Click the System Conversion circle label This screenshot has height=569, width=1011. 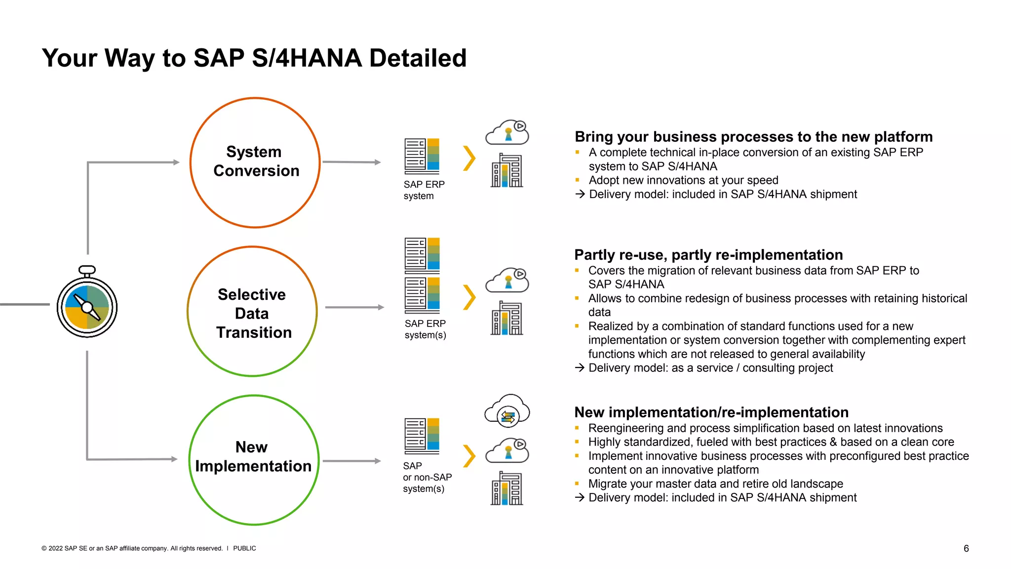click(255, 161)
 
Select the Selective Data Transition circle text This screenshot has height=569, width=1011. click(253, 313)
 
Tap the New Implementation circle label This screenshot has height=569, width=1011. click(253, 456)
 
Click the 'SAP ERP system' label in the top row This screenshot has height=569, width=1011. click(424, 190)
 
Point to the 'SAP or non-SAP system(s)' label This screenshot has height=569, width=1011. click(427, 477)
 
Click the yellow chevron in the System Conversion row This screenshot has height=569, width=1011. click(469, 158)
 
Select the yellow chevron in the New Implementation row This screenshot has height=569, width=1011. click(469, 456)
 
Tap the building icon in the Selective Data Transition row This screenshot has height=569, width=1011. click(507, 318)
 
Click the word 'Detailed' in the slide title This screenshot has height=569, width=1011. click(417, 58)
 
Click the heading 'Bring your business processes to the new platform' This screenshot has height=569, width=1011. click(753, 137)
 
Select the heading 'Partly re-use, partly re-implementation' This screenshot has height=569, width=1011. click(708, 255)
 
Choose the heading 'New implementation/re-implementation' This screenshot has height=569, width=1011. click(711, 412)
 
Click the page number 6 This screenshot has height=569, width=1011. click(966, 548)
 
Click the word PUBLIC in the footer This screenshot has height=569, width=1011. click(244, 548)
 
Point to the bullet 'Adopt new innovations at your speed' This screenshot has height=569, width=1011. click(683, 180)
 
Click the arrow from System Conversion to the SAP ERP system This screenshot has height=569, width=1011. click(351, 162)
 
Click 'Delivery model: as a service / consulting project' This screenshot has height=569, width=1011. click(710, 368)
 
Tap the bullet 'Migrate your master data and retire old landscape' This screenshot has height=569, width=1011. click(715, 484)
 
